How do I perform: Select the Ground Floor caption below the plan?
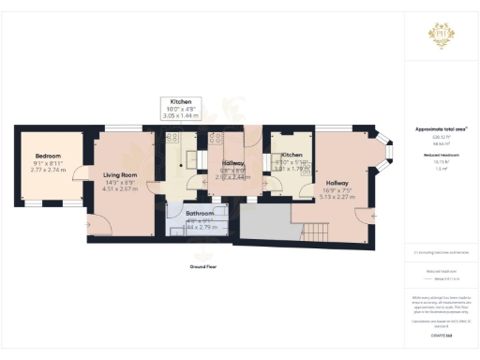(197, 266)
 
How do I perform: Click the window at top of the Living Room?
(117, 128)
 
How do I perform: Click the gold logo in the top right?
(441, 37)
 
